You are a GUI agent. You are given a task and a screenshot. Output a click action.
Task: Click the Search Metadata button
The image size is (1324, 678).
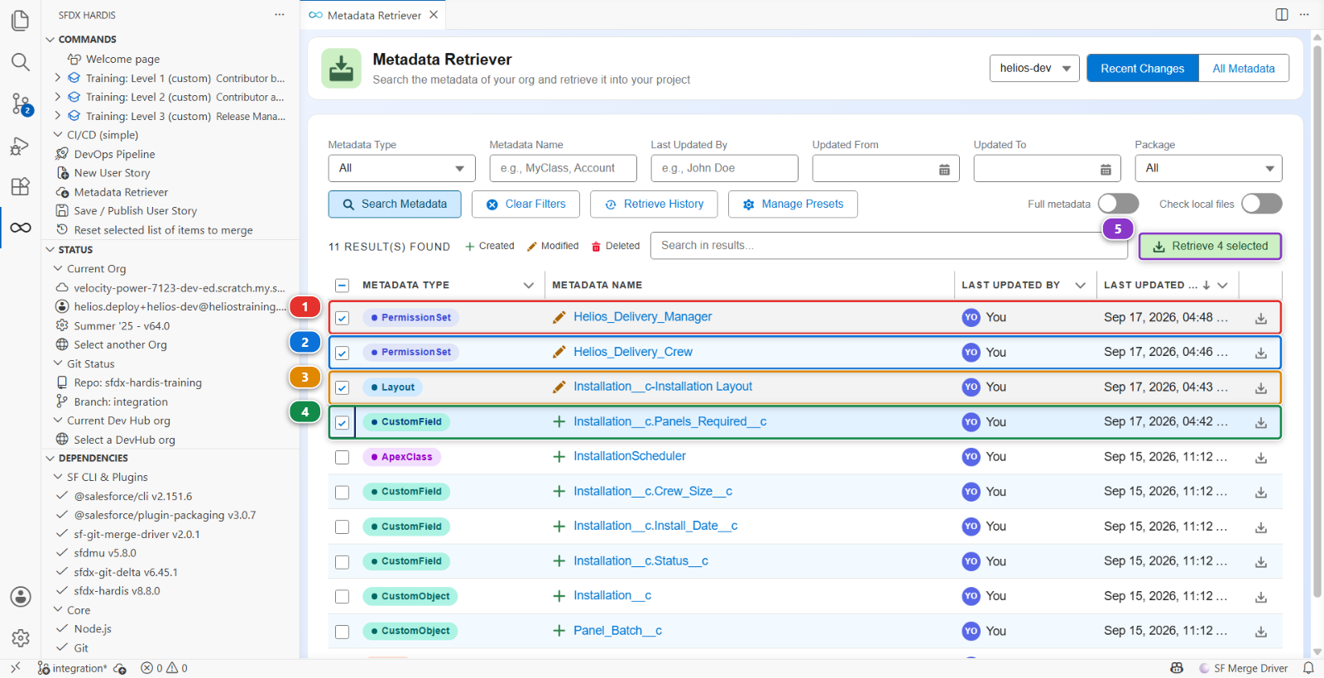(x=394, y=204)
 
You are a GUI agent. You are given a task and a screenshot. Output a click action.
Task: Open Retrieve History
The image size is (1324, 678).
(x=654, y=204)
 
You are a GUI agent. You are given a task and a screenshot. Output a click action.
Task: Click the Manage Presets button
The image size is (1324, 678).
(x=793, y=204)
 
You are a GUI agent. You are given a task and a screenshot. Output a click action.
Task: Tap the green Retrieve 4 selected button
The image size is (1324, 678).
(x=1210, y=247)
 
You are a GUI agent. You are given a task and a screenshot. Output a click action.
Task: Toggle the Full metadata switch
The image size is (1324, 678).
(x=1118, y=204)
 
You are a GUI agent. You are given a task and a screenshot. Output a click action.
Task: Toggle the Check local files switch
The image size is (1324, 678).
(x=1261, y=204)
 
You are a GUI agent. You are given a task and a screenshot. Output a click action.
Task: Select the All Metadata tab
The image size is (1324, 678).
(x=1244, y=69)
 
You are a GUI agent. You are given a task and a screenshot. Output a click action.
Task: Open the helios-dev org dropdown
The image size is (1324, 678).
(x=1034, y=69)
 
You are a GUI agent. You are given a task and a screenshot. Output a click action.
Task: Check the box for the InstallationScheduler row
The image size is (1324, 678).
(x=343, y=457)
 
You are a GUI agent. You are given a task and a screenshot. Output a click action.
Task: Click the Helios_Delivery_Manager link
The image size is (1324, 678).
(x=642, y=317)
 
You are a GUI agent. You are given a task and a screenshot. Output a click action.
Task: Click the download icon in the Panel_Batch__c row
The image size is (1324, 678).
(x=1261, y=632)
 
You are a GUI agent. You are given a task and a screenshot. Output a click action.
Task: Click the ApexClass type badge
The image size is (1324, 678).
(x=401, y=457)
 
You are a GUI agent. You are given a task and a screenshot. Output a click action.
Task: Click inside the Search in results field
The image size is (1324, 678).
(x=889, y=246)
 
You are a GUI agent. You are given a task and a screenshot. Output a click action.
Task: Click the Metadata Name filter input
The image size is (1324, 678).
(x=563, y=169)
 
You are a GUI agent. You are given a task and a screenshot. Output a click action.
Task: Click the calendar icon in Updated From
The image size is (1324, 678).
(x=944, y=170)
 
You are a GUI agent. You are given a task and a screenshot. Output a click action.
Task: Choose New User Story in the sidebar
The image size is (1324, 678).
(x=112, y=173)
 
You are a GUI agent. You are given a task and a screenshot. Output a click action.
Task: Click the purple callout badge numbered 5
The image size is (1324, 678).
(x=1118, y=229)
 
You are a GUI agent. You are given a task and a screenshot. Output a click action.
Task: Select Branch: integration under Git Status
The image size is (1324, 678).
(x=121, y=402)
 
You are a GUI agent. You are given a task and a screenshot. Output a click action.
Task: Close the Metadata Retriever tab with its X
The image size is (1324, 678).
(x=434, y=15)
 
